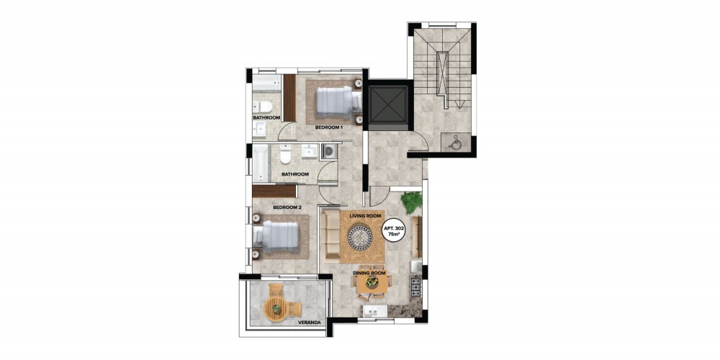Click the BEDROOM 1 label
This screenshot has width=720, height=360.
tap(329, 127)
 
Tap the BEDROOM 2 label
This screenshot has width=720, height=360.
tap(287, 207)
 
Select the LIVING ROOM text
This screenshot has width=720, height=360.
tap(366, 216)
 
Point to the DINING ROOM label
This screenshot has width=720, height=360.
tap(369, 273)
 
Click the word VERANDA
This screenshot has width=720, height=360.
tap(309, 323)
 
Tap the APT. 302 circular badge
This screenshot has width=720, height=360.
tap(392, 230)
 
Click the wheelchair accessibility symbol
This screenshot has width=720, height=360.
tap(455, 143)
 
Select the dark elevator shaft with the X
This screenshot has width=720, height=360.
tap(388, 104)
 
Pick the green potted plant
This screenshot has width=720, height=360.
tap(412, 202)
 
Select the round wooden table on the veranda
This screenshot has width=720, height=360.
tap(276, 307)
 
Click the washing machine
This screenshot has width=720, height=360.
tap(329, 152)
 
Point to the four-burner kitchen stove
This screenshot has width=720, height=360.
tap(415, 287)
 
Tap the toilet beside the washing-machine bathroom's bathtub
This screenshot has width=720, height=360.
tap(286, 154)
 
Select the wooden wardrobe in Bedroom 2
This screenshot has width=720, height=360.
tap(274, 191)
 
